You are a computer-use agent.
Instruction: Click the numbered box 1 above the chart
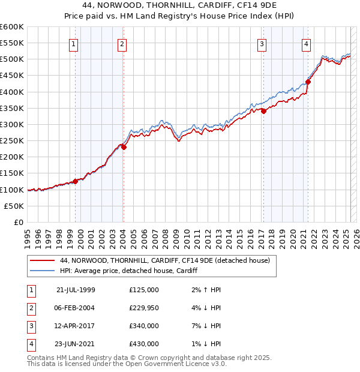coord(73,43)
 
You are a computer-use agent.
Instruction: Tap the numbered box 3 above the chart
coord(262,43)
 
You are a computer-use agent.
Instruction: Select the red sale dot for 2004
coord(124,147)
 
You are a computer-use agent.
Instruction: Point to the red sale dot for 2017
coord(263,111)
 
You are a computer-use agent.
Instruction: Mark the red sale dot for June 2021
coord(308,82)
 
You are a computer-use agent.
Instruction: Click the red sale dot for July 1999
coord(76,181)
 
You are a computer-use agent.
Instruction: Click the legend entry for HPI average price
coord(128,271)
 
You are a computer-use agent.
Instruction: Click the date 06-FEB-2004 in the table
coord(75,308)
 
